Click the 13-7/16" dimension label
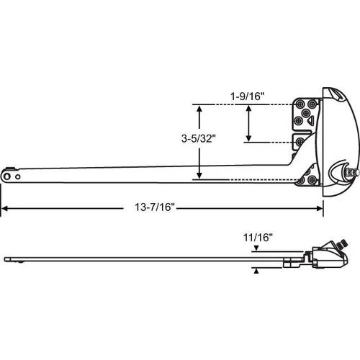(x=155, y=207)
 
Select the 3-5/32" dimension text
(x=199, y=138)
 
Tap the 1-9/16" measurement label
(x=247, y=96)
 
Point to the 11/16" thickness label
(x=258, y=238)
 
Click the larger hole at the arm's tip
(x=7, y=176)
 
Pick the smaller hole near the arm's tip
(x=18, y=177)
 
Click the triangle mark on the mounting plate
(x=310, y=120)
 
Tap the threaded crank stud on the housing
(x=352, y=172)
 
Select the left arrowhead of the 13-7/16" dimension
(x=4, y=208)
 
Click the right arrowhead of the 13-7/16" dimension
(x=320, y=208)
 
